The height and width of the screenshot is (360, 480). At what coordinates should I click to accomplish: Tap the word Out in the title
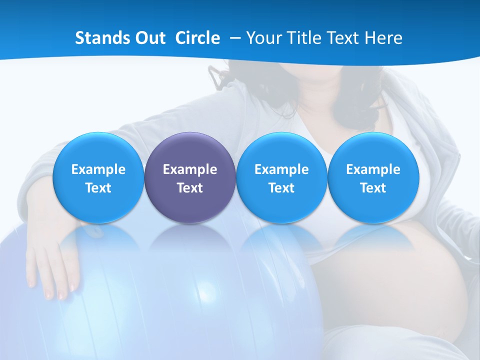click(149, 38)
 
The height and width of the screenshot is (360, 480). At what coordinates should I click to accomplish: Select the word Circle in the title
click(197, 38)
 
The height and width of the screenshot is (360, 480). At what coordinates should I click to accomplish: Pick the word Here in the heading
click(383, 38)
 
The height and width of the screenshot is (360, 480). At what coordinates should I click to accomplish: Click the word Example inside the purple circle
click(190, 169)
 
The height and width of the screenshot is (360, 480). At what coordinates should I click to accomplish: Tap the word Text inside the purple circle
click(190, 188)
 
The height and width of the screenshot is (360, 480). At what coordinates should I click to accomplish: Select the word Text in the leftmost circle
click(98, 188)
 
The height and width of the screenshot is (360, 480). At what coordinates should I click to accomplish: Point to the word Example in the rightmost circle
click(373, 169)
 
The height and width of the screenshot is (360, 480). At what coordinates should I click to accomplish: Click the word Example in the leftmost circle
click(98, 169)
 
